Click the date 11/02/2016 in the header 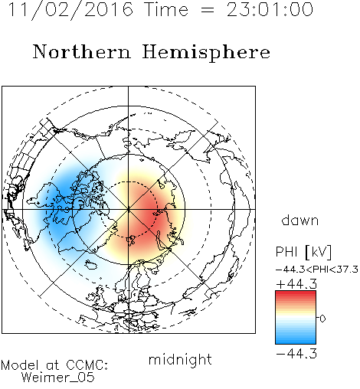point(70,10)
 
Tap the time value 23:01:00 point(270,9)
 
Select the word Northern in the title point(82,51)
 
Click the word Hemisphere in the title point(206,53)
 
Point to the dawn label point(300,220)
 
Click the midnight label point(180,360)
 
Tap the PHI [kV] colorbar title point(303,252)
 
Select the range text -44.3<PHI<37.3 point(317,270)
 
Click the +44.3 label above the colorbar point(296,284)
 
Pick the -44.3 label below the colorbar point(296,354)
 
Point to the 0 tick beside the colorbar point(322,319)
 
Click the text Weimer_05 point(58,378)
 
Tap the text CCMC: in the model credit point(87,365)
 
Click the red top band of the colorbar point(296,293)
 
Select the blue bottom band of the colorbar point(296,341)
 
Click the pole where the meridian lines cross point(129,209)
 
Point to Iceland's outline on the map point(91,265)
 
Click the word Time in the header point(166,9)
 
